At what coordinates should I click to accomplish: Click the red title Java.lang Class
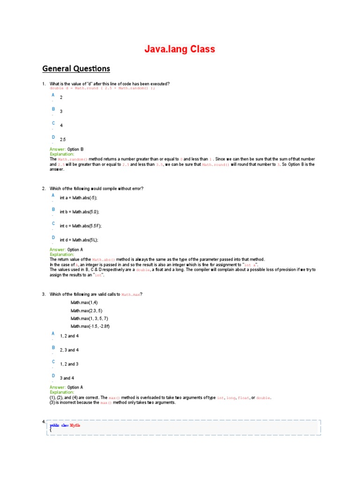coord(180,49)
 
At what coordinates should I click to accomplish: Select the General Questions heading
coord(76,69)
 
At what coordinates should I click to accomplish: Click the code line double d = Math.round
coord(102,88)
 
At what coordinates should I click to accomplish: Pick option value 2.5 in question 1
coord(63,140)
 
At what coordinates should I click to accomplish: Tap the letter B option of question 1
coord(53,109)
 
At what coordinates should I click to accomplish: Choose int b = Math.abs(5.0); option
coord(79,212)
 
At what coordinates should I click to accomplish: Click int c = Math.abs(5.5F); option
coord(80,226)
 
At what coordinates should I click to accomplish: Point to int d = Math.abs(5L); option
coord(79,240)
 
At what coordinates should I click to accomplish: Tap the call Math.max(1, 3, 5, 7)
coord(89,318)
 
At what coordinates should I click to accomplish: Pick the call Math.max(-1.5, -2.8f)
coord(90,326)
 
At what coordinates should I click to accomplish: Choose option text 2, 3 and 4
coord(69,350)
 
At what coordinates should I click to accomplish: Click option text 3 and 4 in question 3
coord(66,378)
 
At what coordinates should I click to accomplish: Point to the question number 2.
coord(44,188)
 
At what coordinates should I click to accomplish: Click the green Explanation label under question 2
coord(62,255)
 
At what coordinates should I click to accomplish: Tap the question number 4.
coord(44,421)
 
